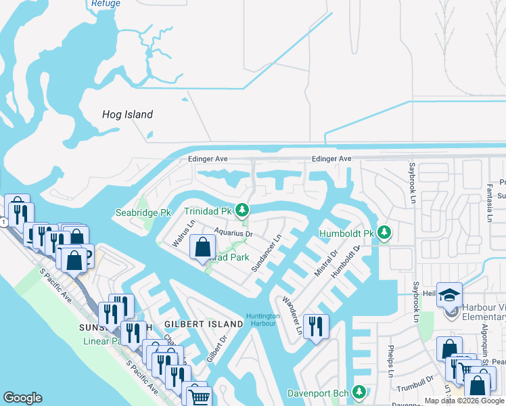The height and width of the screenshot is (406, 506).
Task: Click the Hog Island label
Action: pos(127,114)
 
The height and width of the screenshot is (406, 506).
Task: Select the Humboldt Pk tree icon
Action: pos(385,233)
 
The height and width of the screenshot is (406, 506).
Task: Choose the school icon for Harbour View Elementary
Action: pos(449,294)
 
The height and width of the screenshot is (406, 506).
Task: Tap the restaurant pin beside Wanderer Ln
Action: pos(316,327)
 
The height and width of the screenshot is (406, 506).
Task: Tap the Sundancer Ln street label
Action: pos(266,254)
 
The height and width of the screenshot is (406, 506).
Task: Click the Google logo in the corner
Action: pos(22,398)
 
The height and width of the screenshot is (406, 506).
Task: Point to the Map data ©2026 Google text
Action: pos(464,401)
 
